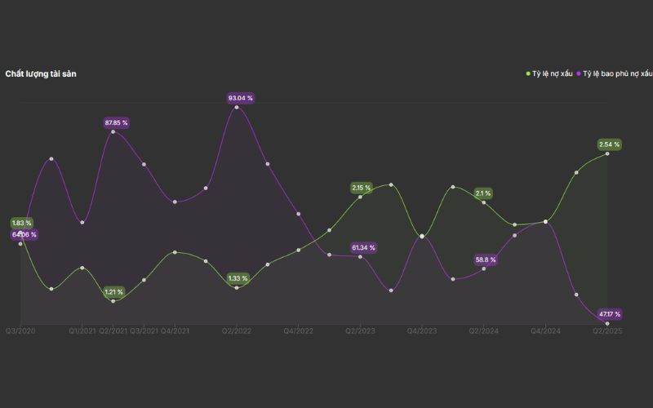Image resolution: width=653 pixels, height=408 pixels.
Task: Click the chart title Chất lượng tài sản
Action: [x=41, y=74]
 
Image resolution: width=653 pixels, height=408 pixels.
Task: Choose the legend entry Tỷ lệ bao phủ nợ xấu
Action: [x=616, y=74]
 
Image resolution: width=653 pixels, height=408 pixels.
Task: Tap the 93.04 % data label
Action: [x=240, y=98]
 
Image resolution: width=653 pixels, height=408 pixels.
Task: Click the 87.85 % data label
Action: [x=117, y=122]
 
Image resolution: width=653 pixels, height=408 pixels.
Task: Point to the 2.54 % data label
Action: [x=609, y=144]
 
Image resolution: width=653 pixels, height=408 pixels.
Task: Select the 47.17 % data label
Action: [x=609, y=313]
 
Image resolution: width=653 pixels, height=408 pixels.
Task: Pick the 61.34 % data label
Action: [x=363, y=247]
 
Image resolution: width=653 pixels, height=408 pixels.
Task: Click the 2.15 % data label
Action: [x=361, y=188]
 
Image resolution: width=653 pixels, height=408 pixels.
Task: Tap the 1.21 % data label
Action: [x=113, y=291]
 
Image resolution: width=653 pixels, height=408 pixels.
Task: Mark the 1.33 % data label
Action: [x=237, y=278]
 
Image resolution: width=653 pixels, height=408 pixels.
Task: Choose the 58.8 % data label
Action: [x=486, y=259]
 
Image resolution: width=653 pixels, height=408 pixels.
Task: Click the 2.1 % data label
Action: [x=482, y=193]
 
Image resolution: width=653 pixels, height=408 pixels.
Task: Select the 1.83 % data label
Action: [x=21, y=223]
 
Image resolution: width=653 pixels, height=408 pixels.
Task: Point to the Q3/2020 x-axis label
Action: [x=20, y=331]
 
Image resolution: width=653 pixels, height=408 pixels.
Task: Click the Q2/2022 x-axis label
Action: [x=237, y=331]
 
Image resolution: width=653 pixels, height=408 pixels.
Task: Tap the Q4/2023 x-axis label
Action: [x=422, y=331]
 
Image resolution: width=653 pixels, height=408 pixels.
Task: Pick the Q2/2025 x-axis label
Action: [x=606, y=331]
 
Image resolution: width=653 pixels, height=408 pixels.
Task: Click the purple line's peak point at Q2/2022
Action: [x=237, y=107]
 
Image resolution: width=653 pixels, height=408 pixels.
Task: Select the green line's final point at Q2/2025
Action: [x=607, y=153]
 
